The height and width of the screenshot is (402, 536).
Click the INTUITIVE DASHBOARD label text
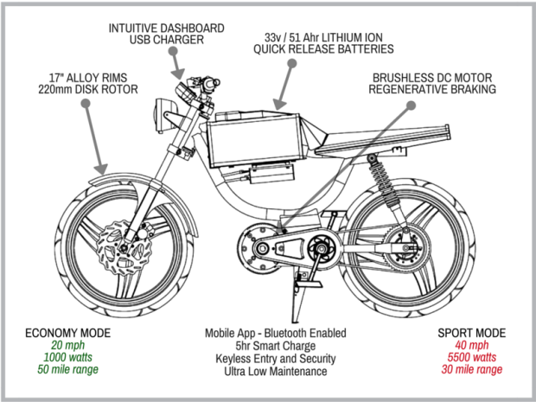(x=166, y=28)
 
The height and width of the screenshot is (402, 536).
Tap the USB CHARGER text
(x=166, y=40)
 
